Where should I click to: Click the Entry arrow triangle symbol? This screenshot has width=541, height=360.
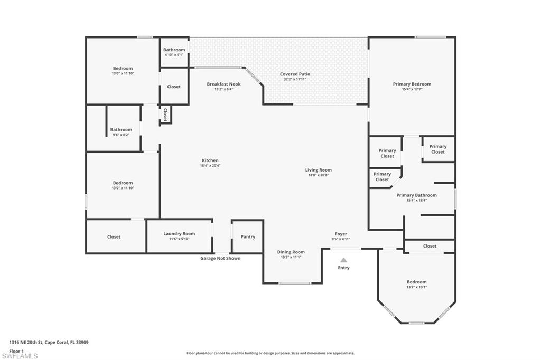coord(343,260)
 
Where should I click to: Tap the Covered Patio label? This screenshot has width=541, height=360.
coord(295,74)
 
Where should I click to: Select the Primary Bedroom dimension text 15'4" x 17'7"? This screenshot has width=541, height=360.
coord(412,89)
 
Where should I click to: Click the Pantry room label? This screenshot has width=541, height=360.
coord(248,237)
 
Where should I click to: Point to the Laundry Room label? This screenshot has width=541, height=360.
coord(179,234)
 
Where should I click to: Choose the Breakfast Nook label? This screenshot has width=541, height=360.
coord(223,84)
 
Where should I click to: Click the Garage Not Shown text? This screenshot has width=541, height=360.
coord(220,258)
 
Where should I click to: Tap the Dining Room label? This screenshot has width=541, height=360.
coord(291,252)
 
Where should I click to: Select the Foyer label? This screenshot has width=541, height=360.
coord(341,234)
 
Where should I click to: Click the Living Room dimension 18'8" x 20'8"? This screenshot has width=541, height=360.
coord(318,175)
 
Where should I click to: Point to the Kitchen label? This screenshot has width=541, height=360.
coord(210,160)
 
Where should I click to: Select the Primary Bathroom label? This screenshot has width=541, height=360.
coord(417,195)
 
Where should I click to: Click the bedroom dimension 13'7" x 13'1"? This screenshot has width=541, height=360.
coord(416,287)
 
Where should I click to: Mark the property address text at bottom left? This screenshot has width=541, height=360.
coord(49,342)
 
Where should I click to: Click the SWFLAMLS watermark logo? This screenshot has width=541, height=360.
coord(20,356)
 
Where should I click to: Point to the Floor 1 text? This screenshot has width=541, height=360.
coord(16,350)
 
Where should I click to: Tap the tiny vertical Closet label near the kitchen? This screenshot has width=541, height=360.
coord(165,115)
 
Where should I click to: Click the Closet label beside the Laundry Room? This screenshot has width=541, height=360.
coord(114,237)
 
